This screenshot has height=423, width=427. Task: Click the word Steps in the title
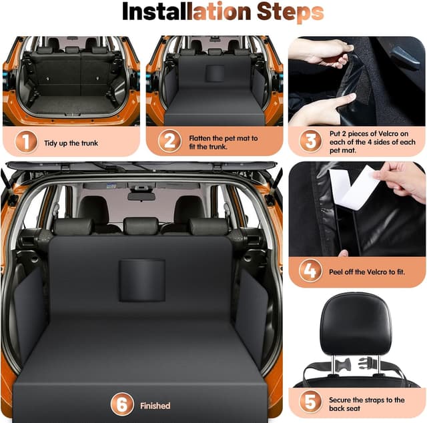290,13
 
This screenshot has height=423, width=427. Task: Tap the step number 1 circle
26,141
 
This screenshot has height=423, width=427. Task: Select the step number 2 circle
169,141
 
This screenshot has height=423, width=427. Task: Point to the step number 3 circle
310,141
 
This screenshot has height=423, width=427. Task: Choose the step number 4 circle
310,271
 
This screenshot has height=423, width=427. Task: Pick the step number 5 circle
310,402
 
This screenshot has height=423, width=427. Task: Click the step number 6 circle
122,404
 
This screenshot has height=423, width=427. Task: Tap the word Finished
155,406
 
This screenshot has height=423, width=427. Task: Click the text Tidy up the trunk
71,143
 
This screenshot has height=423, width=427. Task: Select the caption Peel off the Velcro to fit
367,272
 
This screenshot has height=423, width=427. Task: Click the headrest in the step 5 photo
356,324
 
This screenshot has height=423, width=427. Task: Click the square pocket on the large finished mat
142,280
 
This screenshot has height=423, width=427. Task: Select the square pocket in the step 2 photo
215,73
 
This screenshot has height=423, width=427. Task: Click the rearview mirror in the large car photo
141,196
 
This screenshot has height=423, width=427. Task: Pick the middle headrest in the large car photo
141,226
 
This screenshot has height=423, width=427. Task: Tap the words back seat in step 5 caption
344,408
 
